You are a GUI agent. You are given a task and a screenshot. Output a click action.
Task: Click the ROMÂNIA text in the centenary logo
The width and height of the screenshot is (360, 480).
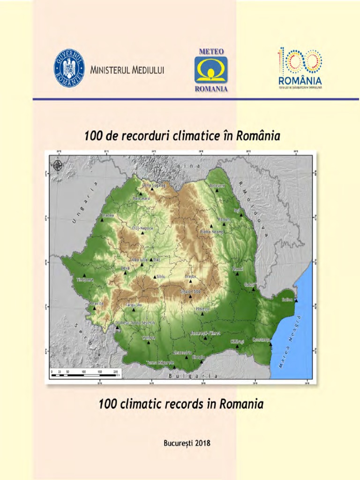[x=300, y=80]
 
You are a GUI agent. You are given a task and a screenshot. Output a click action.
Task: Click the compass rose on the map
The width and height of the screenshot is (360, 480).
[x=58, y=165]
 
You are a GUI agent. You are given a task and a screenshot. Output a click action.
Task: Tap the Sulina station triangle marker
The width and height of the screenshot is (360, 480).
[x=296, y=301]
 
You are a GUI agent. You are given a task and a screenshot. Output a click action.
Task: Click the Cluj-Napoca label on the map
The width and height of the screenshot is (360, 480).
[x=142, y=228]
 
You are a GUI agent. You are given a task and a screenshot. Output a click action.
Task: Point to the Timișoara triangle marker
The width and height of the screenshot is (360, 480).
[x=84, y=276]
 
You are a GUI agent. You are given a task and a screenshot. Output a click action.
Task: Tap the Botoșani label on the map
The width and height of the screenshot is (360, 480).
[x=217, y=186]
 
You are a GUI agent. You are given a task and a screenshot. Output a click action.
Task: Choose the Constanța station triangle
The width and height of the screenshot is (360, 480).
[x=270, y=345]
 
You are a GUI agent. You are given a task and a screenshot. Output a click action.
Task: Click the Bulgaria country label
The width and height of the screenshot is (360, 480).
[x=193, y=376]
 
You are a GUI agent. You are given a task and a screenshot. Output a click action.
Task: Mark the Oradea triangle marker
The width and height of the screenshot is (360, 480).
[x=102, y=219]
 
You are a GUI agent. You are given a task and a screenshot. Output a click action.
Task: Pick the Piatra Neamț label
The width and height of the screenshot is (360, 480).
[x=212, y=232]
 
